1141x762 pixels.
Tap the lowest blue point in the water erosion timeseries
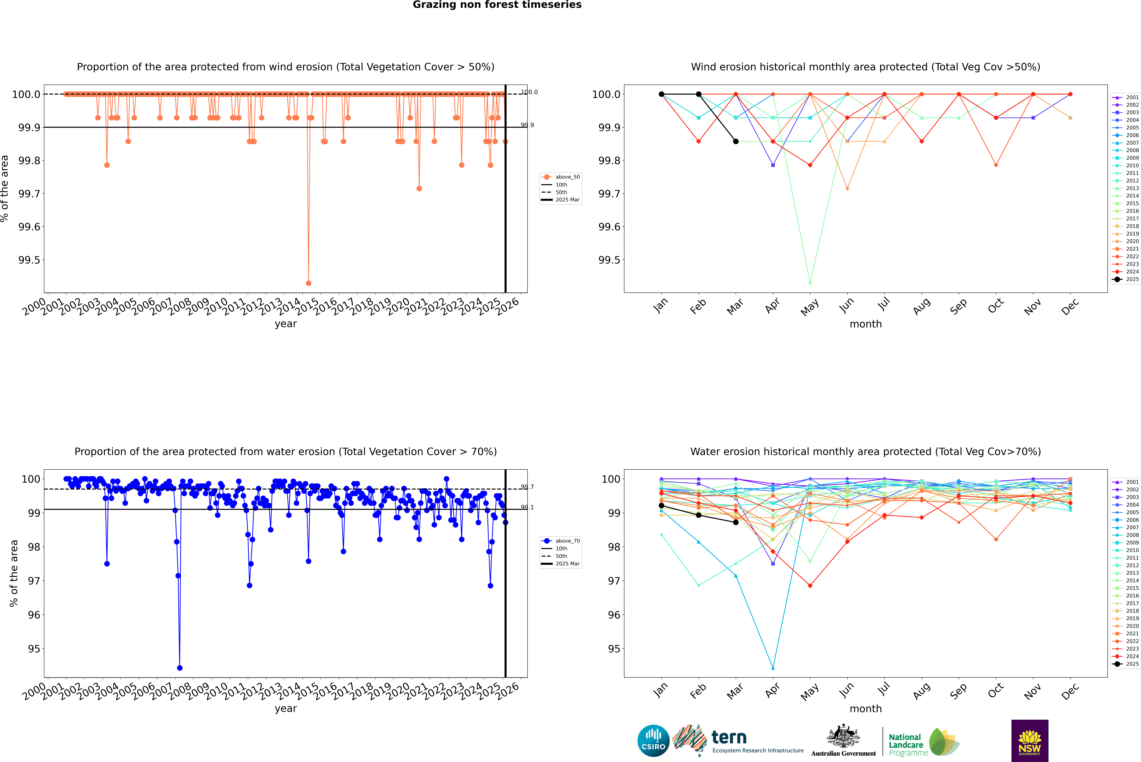click(179, 668)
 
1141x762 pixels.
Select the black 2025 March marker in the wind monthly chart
click(735, 141)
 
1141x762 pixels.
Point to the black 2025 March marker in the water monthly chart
click(735, 522)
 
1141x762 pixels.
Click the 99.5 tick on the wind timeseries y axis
click(29, 260)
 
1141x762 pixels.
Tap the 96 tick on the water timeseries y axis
click(34, 615)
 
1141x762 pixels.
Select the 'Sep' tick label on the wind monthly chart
click(958, 306)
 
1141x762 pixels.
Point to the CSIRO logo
click(653, 741)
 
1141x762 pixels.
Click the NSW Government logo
click(1030, 741)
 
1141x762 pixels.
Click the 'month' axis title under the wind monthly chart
click(865, 324)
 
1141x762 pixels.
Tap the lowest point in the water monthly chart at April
click(773, 668)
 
